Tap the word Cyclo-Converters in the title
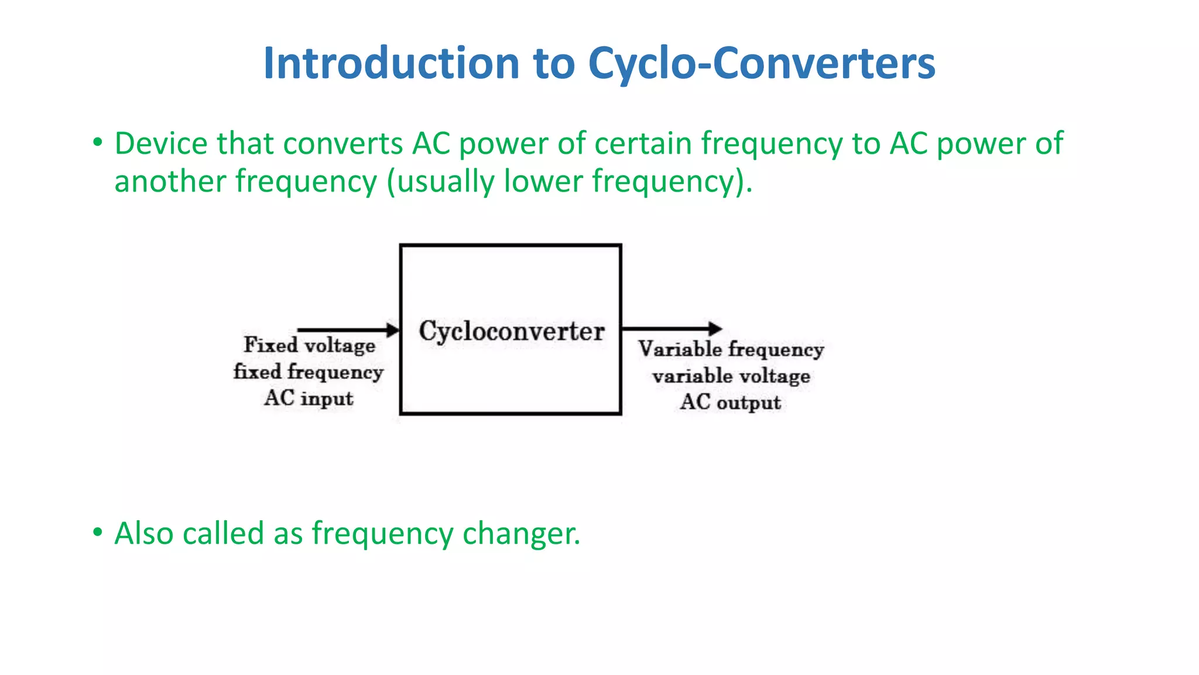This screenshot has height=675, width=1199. coord(761,63)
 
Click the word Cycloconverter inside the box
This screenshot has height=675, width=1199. coord(511,332)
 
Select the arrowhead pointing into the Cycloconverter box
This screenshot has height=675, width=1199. coord(392,330)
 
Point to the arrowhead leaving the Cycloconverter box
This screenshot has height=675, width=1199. coord(715,329)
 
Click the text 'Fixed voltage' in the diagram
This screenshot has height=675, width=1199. coord(310,345)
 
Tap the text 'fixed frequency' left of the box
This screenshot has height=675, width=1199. coord(309,372)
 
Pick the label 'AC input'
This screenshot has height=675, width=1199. coord(309,398)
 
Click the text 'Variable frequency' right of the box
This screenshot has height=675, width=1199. coord(731,349)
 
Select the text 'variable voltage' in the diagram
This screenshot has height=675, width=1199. coord(731,376)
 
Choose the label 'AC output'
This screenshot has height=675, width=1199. coord(731,403)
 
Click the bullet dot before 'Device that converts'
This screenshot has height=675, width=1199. coord(97,142)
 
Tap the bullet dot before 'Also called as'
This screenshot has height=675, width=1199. coord(97,532)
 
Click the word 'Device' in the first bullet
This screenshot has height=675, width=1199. coord(161,144)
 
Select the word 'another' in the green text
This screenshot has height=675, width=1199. coord(170,182)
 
